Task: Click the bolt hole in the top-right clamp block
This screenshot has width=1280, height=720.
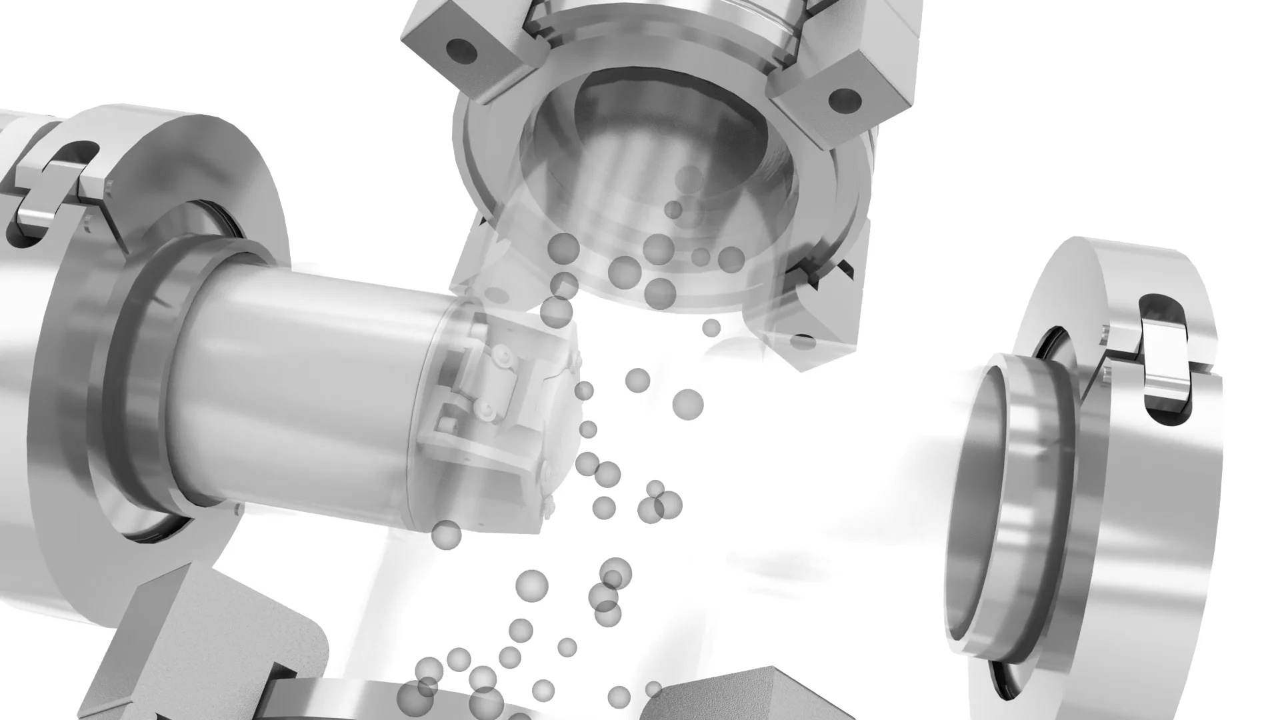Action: (x=843, y=99)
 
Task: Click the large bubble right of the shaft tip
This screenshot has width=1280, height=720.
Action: (x=688, y=404)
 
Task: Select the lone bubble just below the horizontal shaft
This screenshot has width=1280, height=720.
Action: (x=446, y=535)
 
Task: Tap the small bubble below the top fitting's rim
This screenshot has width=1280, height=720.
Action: (x=711, y=327)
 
